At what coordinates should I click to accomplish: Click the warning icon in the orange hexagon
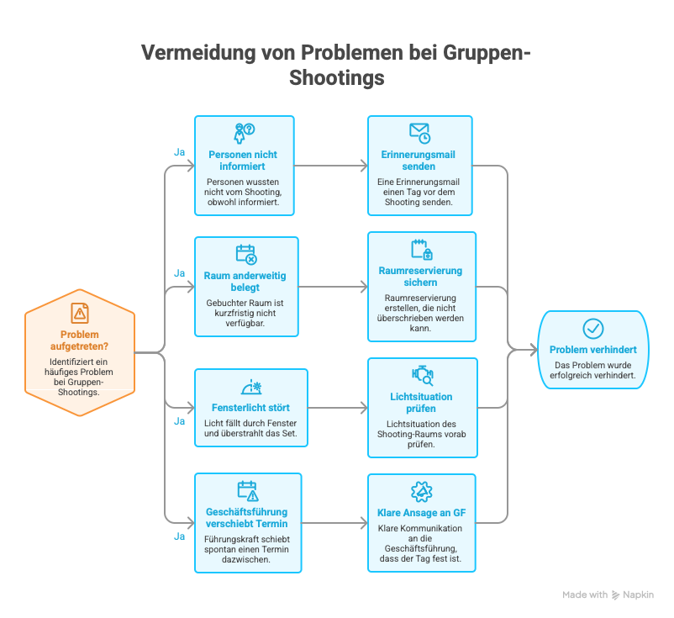80,313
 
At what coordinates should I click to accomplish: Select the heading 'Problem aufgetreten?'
79,341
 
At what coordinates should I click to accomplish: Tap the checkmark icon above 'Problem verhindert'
593,329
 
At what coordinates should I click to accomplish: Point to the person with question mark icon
245,134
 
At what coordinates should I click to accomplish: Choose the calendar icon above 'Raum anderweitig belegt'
247,254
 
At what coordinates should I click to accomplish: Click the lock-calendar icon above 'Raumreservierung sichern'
422,250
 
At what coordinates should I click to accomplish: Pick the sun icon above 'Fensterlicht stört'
251,387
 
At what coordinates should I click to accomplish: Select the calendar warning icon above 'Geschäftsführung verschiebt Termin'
248,491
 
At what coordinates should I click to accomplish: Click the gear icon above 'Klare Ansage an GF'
422,492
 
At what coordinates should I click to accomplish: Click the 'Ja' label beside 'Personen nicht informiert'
179,152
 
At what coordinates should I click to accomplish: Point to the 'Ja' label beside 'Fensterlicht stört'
179,421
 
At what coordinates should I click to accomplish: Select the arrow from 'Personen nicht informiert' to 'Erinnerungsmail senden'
331,166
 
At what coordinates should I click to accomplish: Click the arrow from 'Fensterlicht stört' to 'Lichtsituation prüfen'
338,408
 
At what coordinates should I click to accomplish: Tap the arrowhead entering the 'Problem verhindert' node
534,350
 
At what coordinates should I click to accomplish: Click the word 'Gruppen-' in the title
487,52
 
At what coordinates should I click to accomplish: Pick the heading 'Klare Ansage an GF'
422,513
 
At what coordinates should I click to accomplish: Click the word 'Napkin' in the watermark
639,594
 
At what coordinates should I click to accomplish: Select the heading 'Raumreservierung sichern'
420,277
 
